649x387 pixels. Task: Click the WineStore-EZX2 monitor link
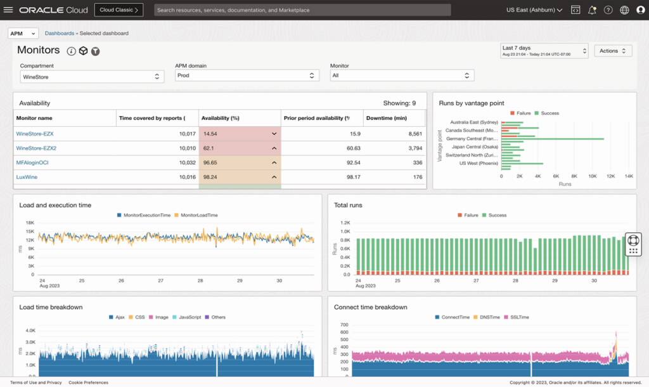36,148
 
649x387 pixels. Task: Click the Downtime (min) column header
386,118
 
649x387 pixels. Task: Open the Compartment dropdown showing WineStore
92,76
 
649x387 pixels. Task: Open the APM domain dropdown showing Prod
247,75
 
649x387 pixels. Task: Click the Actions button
612,51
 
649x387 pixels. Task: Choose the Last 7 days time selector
544,51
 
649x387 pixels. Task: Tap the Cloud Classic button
119,10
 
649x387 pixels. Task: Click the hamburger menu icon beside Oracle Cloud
8,10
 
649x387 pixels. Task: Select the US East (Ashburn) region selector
534,10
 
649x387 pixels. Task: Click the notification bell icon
592,10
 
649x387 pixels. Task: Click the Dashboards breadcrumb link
59,33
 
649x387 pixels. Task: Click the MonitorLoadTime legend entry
198,215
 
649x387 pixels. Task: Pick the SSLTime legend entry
519,317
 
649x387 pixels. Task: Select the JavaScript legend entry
190,317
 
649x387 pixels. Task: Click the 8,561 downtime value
411,134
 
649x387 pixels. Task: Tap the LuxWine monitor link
27,177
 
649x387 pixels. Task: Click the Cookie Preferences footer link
88,383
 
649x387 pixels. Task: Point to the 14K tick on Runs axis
629,176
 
